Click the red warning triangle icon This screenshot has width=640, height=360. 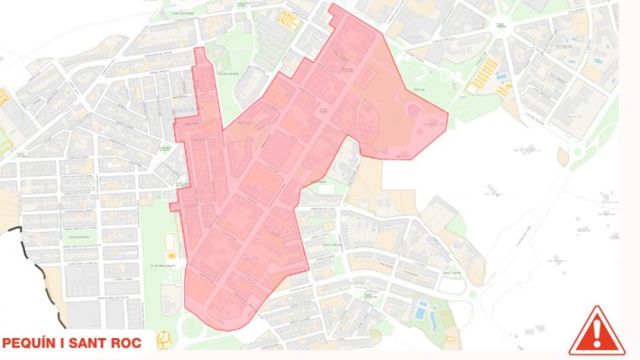point(597,331)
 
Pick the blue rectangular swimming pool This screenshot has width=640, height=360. point(421,310)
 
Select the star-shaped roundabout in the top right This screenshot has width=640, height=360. point(500,34)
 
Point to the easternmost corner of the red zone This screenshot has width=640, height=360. point(447,115)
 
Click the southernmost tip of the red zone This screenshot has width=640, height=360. point(226,330)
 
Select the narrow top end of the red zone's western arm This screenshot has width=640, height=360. point(199,49)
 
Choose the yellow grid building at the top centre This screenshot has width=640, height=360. point(287,19)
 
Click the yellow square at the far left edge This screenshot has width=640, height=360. point(3,97)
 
